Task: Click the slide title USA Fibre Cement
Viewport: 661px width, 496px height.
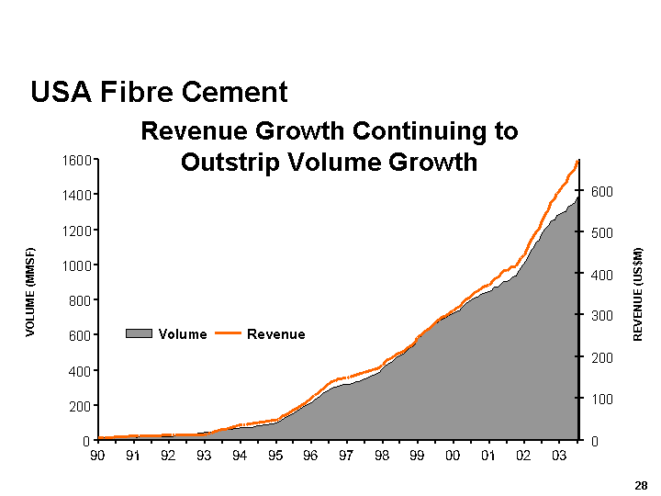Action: point(159,92)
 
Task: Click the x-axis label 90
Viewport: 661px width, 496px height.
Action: point(97,456)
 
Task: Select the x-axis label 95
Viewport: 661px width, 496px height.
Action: point(275,456)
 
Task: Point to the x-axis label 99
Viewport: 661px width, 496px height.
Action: point(417,456)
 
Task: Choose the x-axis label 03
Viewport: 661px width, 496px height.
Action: point(559,456)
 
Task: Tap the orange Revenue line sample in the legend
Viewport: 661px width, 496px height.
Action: point(228,334)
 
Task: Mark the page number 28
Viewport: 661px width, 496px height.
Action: point(640,484)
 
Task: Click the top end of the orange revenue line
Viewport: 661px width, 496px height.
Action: point(577,162)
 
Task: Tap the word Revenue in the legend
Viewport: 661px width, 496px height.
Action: point(275,334)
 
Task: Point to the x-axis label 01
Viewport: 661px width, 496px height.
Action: point(488,456)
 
